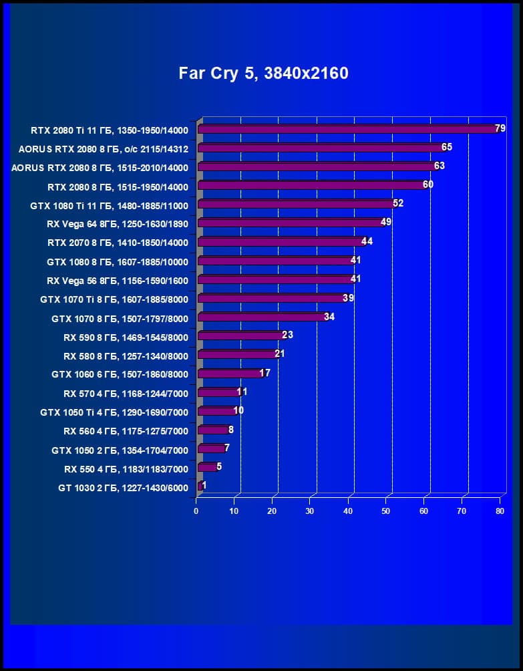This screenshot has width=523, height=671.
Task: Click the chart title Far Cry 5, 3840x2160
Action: [263, 74]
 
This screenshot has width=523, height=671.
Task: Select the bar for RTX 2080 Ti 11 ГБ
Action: [347, 129]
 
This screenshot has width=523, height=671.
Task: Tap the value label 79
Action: [500, 128]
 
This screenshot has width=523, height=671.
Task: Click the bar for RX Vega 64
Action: [290, 223]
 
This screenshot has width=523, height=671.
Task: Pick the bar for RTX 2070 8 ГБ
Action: [281, 242]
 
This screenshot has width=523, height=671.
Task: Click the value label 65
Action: [447, 147]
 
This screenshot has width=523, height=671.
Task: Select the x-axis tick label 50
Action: [386, 511]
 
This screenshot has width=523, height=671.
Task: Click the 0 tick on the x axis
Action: [196, 511]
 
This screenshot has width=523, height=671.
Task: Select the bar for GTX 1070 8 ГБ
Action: [261, 317]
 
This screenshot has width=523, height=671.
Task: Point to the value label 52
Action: [398, 204]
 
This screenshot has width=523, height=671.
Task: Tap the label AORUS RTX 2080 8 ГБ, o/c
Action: [104, 148]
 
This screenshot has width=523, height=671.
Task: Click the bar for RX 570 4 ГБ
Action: [218, 392]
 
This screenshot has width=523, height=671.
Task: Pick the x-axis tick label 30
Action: [310, 511]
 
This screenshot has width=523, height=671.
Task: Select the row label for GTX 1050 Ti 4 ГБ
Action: [114, 412]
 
